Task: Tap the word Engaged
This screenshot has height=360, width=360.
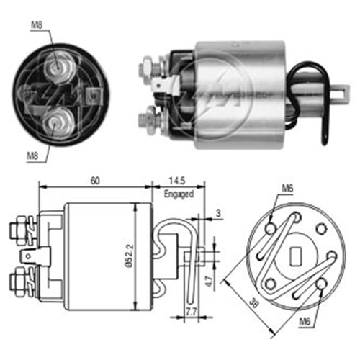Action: tap(179, 194)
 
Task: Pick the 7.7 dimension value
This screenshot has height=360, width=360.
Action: tap(190, 311)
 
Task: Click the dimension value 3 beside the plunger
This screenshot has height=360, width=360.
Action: tap(217, 214)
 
